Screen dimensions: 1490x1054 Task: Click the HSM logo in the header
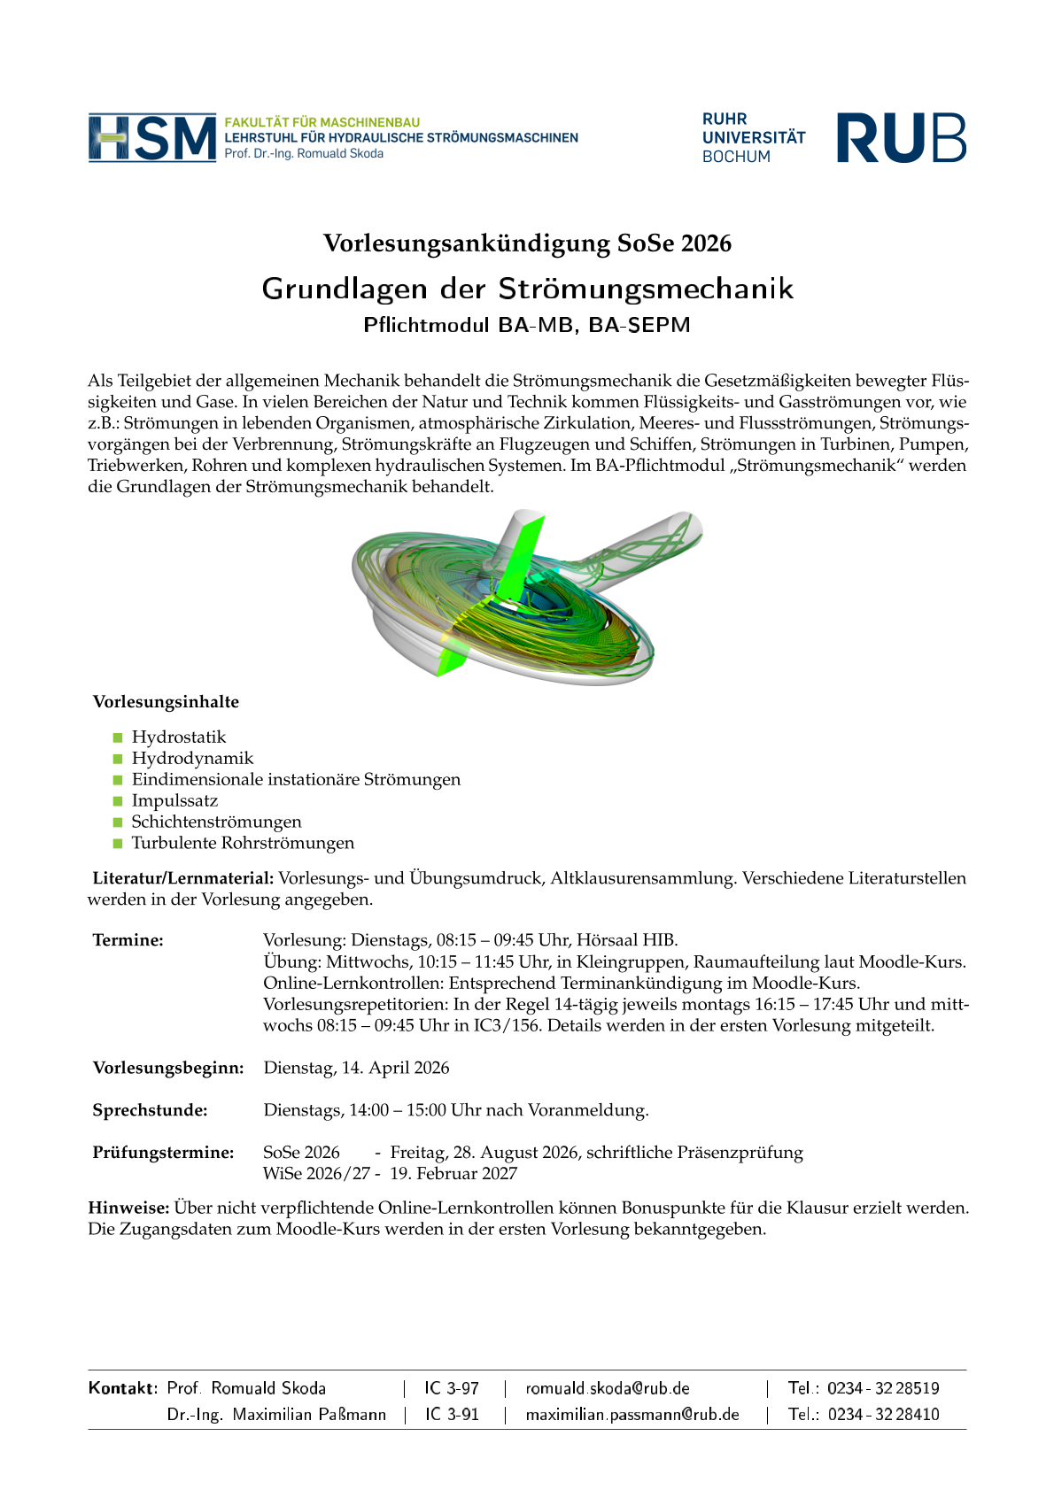point(152,138)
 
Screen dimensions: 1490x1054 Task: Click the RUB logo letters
point(901,138)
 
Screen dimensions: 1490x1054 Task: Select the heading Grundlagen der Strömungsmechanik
point(527,289)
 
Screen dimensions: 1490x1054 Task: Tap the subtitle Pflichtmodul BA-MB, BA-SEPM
point(527,325)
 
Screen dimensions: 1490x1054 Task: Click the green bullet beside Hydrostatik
point(117,737)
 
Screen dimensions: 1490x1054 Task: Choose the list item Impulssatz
point(174,801)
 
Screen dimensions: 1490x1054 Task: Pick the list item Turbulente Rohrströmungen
point(243,844)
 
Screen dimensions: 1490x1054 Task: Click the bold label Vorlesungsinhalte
point(166,702)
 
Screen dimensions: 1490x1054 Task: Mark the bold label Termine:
point(128,940)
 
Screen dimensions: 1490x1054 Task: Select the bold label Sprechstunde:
point(150,1110)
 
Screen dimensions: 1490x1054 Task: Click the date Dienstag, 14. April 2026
point(356,1068)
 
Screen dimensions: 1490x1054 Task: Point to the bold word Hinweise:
point(128,1208)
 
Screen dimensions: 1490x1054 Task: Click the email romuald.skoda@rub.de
point(608,1388)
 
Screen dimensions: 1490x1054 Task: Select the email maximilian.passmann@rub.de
point(632,1415)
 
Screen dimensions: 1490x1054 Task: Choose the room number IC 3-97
point(452,1388)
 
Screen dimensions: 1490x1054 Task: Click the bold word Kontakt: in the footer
point(123,1388)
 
